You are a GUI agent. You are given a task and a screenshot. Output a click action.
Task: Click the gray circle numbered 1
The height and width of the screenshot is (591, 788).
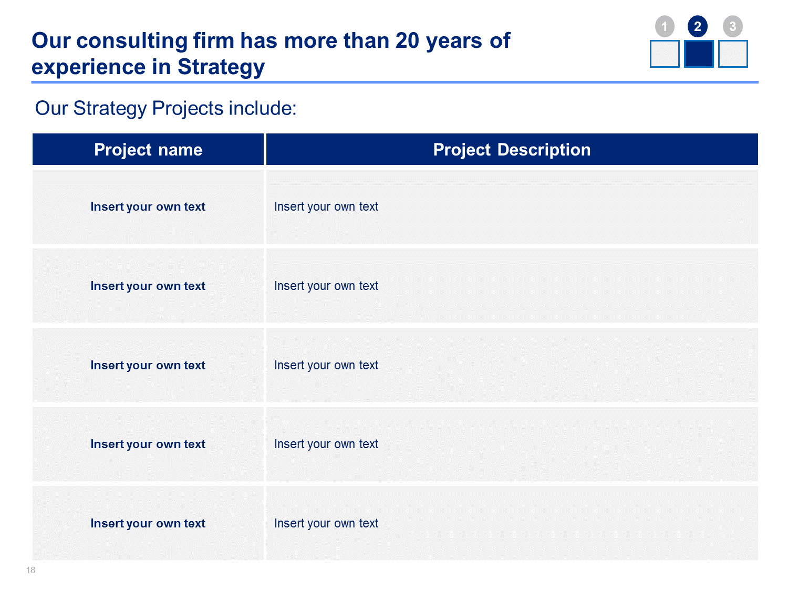664,26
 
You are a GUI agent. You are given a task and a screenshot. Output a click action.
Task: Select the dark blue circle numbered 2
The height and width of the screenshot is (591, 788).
697,26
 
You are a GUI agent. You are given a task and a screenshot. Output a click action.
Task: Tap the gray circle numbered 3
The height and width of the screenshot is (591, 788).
732,26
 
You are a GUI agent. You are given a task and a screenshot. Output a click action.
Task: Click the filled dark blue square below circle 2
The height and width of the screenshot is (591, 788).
698,54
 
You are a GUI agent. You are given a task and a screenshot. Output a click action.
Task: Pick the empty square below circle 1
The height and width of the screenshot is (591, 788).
665,54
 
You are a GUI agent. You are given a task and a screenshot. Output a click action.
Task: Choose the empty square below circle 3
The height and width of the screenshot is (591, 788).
733,54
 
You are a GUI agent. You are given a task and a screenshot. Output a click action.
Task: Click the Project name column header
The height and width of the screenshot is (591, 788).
148,149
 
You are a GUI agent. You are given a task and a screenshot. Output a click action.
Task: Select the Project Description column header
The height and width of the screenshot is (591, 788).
512,149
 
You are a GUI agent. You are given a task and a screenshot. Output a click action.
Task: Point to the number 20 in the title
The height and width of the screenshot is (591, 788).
407,40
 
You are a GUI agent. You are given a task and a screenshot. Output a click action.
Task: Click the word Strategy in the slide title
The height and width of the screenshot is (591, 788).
221,67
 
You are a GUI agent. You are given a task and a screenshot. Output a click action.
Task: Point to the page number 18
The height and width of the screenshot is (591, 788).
30,570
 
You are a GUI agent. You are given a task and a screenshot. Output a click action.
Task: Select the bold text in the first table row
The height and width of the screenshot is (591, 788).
148,206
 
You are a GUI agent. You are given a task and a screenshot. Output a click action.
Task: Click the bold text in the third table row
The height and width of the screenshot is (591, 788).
148,365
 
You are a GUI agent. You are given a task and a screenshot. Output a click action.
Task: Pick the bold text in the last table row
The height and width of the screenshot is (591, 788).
148,524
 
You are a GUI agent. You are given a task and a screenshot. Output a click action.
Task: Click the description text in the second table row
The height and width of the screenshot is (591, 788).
326,286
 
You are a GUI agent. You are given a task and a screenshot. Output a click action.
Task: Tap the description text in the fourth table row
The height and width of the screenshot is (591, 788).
326,444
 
